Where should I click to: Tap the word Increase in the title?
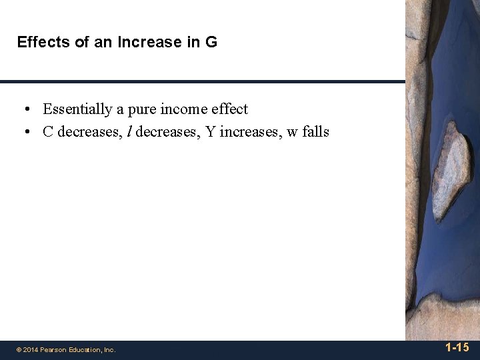(x=145, y=43)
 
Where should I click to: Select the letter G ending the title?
(x=211, y=43)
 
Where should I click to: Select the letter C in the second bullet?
(x=48, y=132)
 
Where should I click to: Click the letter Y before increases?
(x=210, y=132)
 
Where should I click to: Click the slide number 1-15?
(x=457, y=347)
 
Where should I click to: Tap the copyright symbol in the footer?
(x=19, y=349)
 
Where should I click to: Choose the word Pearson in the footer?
(x=53, y=349)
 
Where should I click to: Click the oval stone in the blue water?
(x=451, y=170)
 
